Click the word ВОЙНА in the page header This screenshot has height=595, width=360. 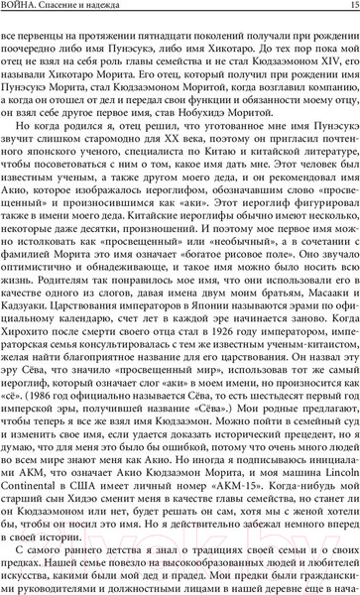pos(29,7)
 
